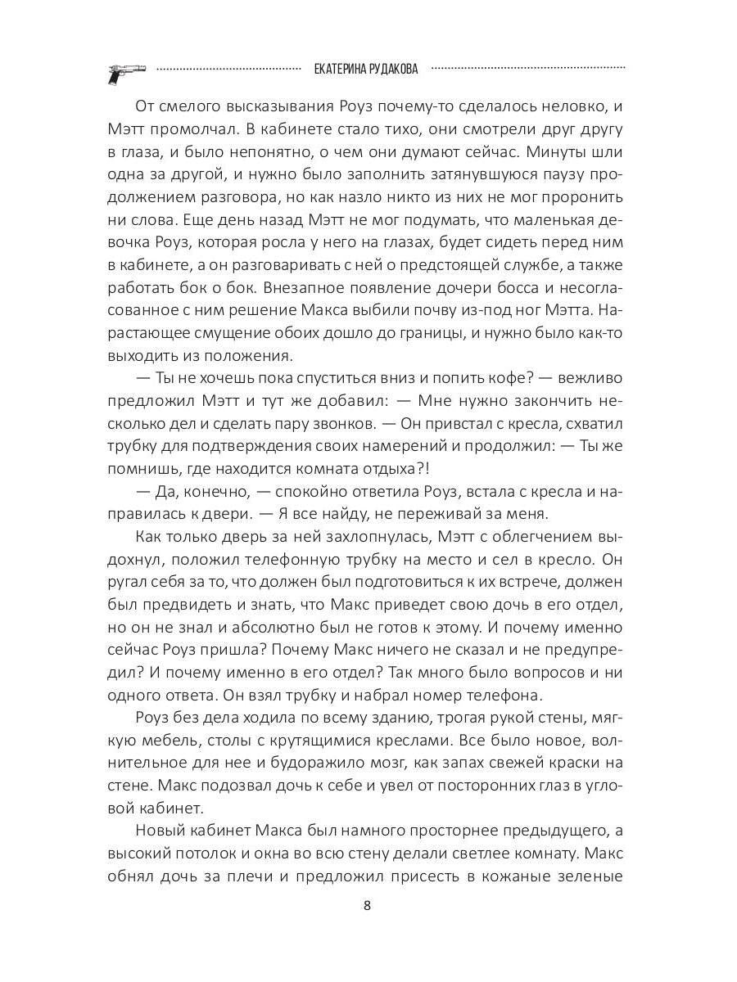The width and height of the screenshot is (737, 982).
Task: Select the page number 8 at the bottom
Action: pos(367,906)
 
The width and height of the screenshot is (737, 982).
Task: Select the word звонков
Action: pos(337,425)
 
